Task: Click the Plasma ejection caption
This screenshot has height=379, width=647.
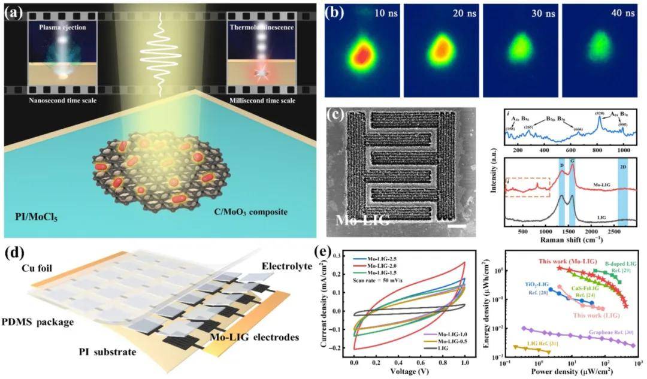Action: [57, 28]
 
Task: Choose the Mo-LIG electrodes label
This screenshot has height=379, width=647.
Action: [251, 338]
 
